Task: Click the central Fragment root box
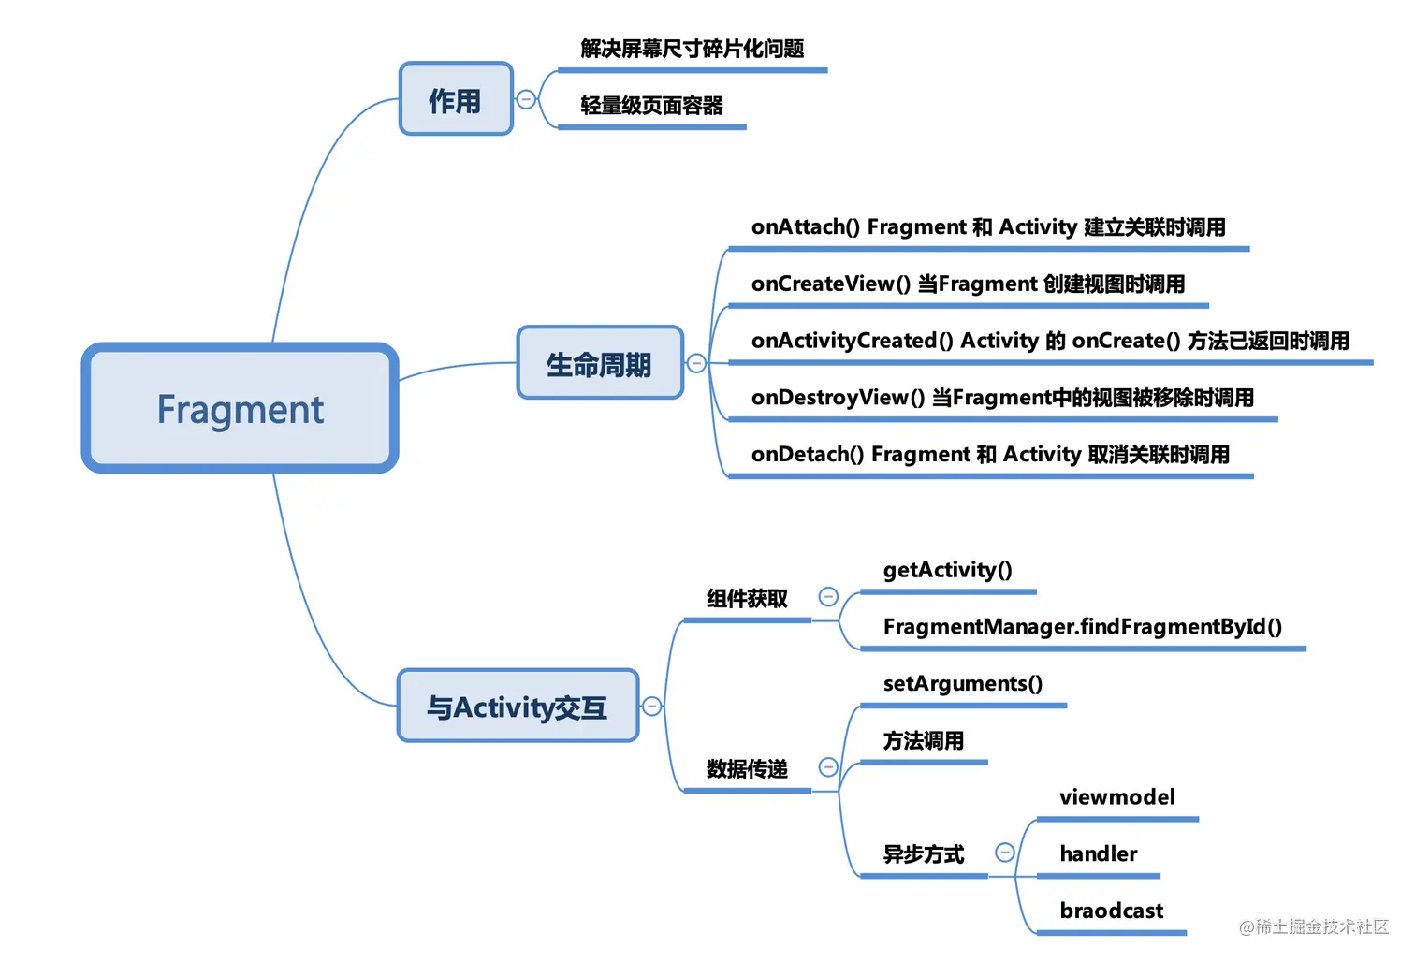point(240,408)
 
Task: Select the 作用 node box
point(456,99)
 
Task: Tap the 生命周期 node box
point(599,363)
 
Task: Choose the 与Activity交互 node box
point(518,707)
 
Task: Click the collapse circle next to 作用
point(526,99)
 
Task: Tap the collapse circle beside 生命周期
point(696,363)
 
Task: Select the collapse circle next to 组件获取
point(828,597)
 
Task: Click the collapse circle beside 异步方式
point(1005,853)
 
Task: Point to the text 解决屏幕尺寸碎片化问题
point(692,49)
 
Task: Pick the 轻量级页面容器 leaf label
point(651,106)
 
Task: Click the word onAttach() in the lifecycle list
point(805,227)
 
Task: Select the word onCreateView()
point(830,284)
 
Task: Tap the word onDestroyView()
point(838,398)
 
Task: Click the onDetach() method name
point(807,455)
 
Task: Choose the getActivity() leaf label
point(947,570)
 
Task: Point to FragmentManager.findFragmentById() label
point(1082,627)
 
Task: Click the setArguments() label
point(962,684)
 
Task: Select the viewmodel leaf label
point(1116,797)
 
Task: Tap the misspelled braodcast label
point(1111,911)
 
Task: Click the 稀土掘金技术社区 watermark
point(1314,926)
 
